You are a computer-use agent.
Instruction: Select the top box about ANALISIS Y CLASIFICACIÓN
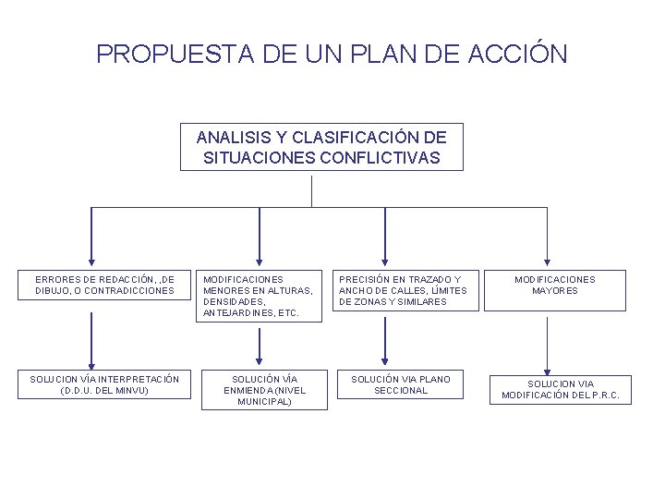click(320, 147)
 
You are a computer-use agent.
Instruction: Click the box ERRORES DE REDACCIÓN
click(104, 285)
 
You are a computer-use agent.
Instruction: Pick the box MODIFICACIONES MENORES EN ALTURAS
click(259, 296)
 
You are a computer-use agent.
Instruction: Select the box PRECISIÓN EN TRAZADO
click(403, 290)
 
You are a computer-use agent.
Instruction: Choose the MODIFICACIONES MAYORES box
click(555, 285)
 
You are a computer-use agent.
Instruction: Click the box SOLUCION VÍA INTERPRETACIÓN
click(103, 383)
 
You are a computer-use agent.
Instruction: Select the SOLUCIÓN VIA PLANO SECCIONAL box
click(401, 384)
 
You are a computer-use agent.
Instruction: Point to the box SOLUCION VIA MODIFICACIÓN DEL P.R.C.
click(566, 389)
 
